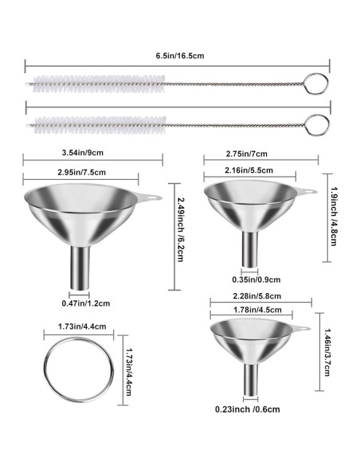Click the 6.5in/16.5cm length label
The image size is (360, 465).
click(x=180, y=56)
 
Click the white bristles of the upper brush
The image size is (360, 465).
click(x=99, y=84)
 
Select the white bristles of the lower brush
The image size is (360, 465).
click(x=100, y=125)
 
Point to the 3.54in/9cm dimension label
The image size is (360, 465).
click(x=83, y=153)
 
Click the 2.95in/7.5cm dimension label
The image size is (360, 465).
click(x=81, y=172)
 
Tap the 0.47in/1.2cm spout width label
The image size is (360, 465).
click(x=86, y=303)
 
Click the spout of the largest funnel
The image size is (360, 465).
click(x=80, y=268)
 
